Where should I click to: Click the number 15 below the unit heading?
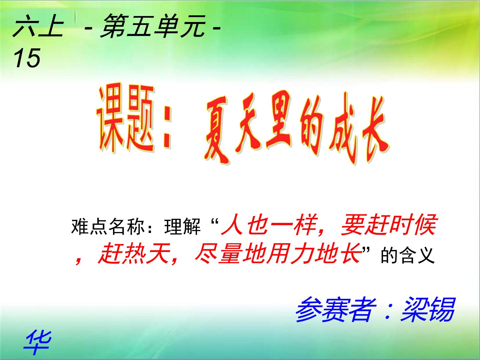(27, 58)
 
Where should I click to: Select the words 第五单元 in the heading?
(153, 27)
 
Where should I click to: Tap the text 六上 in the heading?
(38, 28)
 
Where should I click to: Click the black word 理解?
(182, 227)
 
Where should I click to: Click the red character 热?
(134, 254)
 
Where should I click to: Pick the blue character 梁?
(414, 310)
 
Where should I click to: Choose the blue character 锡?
(442, 310)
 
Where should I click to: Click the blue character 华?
(38, 342)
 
